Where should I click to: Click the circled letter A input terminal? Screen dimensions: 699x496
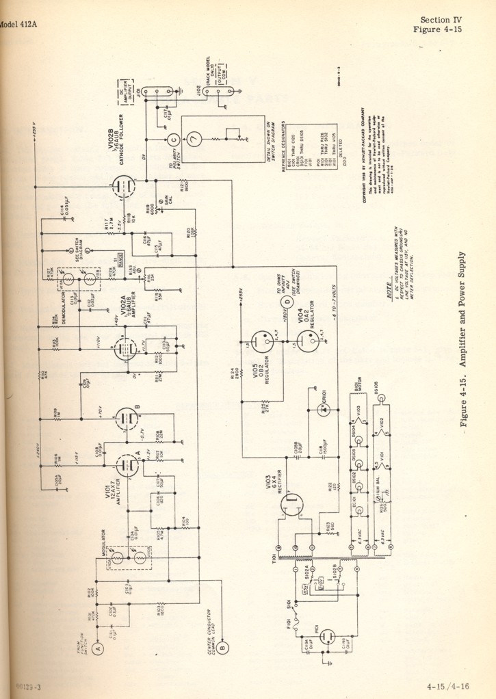(98, 648)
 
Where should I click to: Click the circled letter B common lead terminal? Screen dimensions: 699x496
(231, 648)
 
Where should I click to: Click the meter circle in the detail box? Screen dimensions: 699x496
(196, 142)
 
